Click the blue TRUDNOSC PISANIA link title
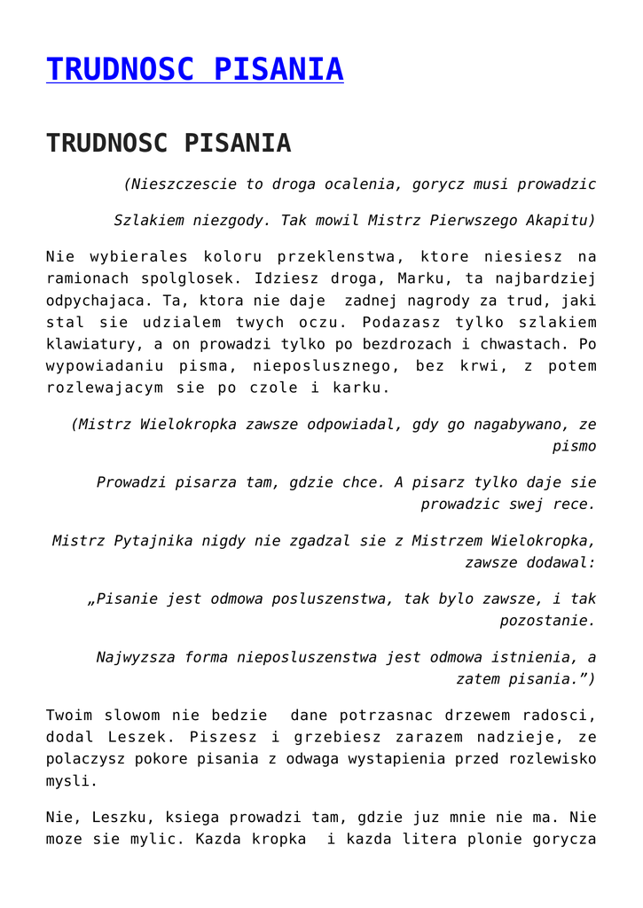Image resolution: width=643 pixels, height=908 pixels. coord(194,69)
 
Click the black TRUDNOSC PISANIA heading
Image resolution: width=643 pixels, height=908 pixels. coord(169,143)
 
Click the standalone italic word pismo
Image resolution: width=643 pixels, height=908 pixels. coord(574,447)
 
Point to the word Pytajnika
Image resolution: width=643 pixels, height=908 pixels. coord(153,540)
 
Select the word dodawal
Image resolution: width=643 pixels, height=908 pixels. coord(561,562)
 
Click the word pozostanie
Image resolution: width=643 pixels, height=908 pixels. coord(546,621)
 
